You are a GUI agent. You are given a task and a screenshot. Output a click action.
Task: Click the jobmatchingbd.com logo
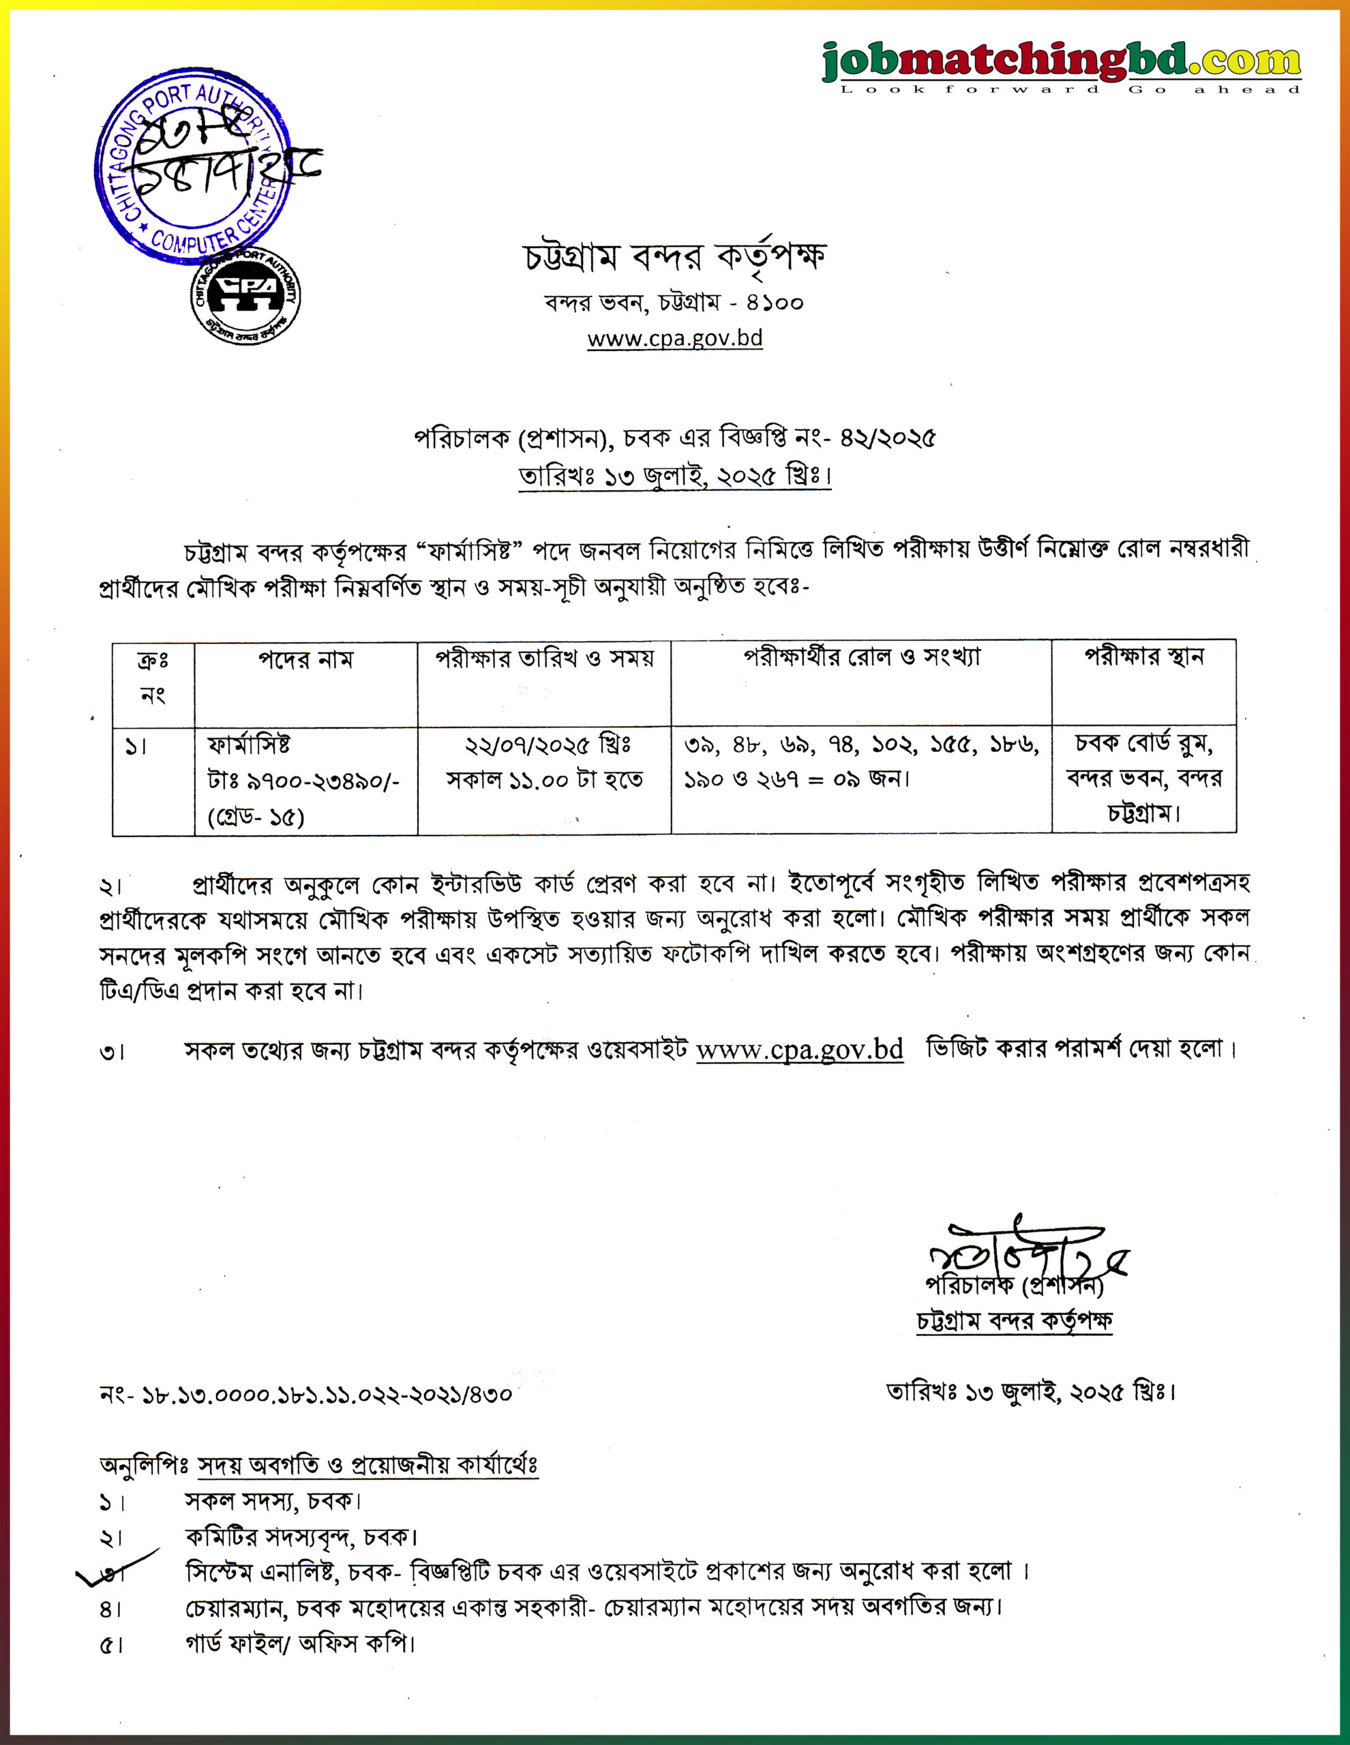point(1062,64)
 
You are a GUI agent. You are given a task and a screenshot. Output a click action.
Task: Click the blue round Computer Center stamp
point(192,166)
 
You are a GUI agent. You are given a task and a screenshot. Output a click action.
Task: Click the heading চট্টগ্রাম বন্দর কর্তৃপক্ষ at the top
point(674,256)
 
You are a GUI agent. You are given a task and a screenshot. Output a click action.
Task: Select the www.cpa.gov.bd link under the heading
point(674,339)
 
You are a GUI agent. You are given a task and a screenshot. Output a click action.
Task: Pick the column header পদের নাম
point(305,660)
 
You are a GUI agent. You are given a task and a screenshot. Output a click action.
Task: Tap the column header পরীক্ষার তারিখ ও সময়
point(544,658)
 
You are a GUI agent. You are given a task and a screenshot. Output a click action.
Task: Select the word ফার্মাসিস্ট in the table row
point(249,744)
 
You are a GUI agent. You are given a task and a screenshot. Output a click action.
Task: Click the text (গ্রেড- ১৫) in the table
point(256,817)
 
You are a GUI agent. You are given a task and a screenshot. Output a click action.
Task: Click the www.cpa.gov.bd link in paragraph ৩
point(799,1049)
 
